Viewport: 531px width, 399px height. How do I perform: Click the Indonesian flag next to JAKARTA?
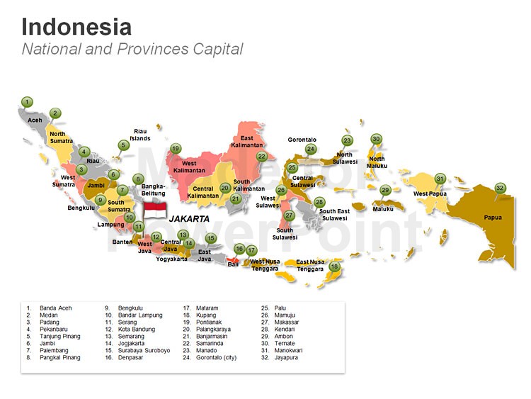pos(155,210)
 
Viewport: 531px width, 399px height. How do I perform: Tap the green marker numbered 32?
pos(501,188)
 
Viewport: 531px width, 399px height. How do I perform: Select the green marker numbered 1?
pos(27,102)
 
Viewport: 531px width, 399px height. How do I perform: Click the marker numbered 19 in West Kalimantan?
pos(176,149)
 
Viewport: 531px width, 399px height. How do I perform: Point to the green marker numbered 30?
pos(376,139)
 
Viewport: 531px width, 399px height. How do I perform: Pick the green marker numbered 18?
pos(335,267)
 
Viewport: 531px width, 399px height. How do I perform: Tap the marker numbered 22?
pos(262,156)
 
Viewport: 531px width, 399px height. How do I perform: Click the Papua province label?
pos(493,218)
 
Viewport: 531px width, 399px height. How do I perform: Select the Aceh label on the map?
pos(35,120)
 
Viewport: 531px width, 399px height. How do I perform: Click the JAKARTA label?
pos(189,219)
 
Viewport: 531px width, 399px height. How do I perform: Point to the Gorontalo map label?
pos(302,140)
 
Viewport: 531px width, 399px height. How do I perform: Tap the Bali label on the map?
pos(233,264)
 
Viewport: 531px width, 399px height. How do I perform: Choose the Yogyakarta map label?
pos(172,259)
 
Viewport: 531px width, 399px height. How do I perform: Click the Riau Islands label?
pos(140,135)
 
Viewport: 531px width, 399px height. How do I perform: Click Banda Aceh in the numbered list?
pos(55,308)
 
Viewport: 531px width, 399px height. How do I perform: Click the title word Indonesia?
pos(76,27)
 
